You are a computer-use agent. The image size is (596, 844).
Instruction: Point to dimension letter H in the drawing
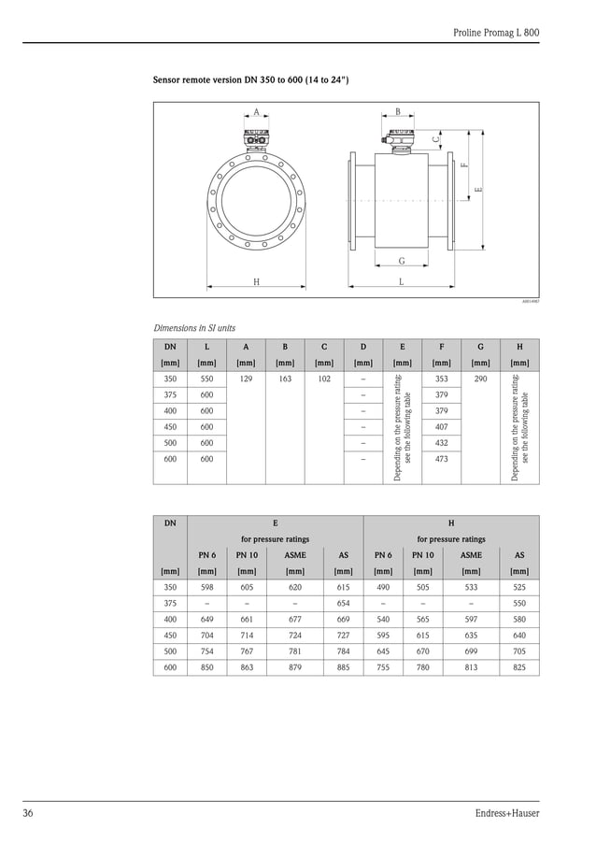tap(255, 281)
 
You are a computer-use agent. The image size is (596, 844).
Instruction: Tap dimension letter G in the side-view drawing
tap(402, 261)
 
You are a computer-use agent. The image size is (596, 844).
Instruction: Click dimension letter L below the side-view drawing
tap(401, 281)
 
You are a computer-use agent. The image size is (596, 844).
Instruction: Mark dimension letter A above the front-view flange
tap(256, 112)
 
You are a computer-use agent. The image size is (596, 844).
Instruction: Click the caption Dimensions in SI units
tap(194, 328)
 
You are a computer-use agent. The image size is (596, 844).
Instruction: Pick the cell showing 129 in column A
tap(246, 379)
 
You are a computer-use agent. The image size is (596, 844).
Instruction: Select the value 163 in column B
tap(285, 379)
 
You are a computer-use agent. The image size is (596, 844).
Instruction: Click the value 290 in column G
tap(480, 379)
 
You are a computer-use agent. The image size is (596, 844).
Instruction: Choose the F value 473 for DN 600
tap(442, 459)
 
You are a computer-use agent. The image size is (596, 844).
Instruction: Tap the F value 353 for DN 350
tap(442, 379)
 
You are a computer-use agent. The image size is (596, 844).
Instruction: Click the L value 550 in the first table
tap(206, 379)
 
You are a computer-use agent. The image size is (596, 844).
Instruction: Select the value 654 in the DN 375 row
tap(343, 603)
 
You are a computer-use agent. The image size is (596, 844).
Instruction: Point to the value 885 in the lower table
tap(343, 667)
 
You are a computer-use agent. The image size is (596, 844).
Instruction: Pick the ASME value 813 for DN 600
tap(471, 667)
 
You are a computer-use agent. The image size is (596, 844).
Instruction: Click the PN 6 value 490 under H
tap(383, 587)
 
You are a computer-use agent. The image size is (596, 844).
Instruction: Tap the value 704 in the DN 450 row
tap(206, 635)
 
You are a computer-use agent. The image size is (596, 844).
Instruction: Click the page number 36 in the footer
tap(29, 813)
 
